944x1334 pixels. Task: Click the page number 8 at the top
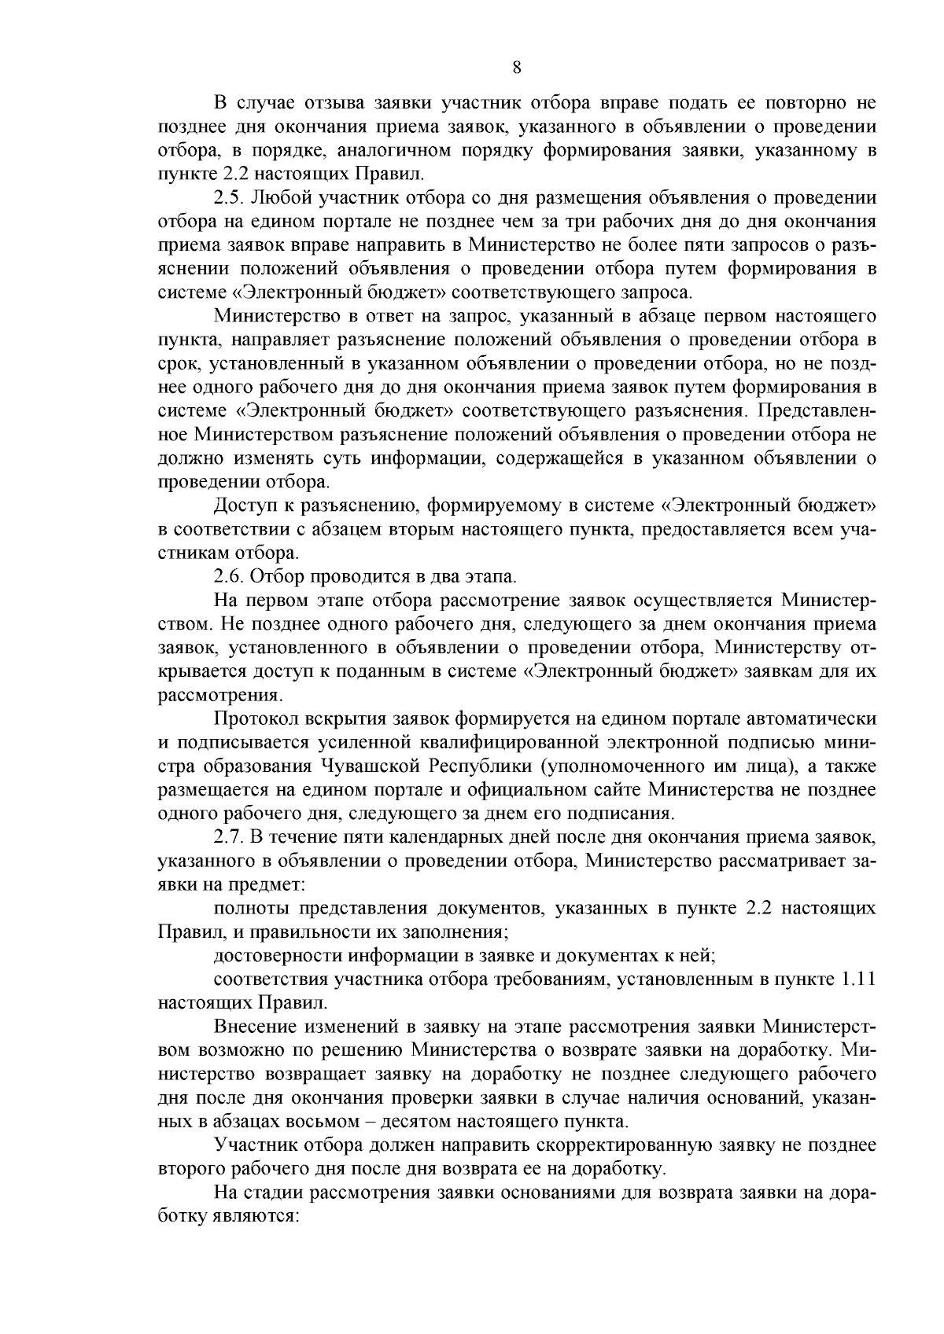516,68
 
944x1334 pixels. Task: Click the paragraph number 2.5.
228,197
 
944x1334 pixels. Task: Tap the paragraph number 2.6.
228,576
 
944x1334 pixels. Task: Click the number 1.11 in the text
858,979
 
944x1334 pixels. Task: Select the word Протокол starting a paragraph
250,719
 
